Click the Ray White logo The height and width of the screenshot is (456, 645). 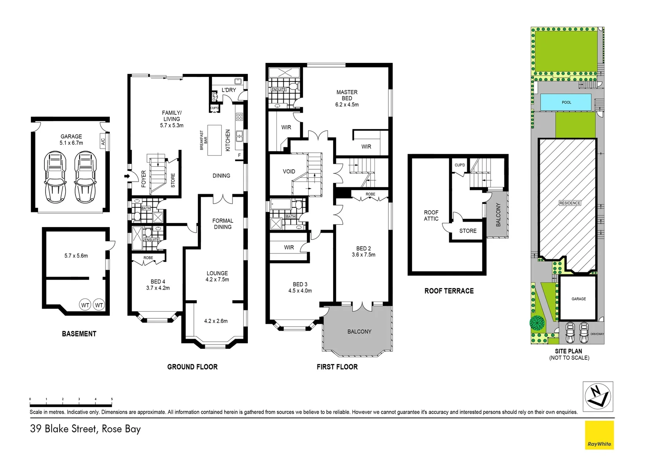tap(599, 435)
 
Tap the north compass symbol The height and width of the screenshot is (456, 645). tap(598, 396)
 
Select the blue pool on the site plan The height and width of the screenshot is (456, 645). tap(566, 102)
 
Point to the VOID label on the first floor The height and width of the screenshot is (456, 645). tap(289, 171)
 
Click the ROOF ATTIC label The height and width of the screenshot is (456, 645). tap(431, 215)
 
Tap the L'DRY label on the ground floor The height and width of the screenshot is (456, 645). tap(229, 90)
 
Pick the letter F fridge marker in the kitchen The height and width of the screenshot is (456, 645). tap(239, 155)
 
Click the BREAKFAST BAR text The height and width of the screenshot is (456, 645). tap(203, 140)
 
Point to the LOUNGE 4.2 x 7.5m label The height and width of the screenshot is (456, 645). tap(217, 276)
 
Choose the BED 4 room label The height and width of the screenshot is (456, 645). tap(158, 285)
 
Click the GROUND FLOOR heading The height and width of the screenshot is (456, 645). tap(192, 367)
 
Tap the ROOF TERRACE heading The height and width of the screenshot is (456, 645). tap(449, 291)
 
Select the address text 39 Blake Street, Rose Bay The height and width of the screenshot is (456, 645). tap(85, 429)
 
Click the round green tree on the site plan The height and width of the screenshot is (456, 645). tap(537, 323)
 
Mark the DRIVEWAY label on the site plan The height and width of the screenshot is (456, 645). tap(597, 334)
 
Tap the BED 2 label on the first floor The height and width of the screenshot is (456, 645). tap(363, 251)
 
